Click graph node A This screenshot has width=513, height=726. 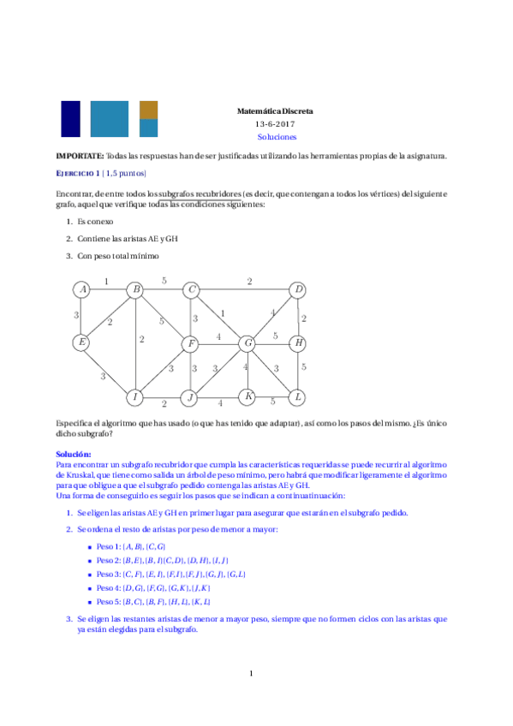point(81,290)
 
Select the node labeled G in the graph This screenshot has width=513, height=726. point(248,343)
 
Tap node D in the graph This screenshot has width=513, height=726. point(298,290)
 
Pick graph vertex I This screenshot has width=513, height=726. point(134,397)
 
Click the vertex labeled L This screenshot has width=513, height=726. point(298,397)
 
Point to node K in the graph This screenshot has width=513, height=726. point(248,397)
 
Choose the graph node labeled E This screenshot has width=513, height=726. point(81,343)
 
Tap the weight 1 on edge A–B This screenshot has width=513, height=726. point(106,281)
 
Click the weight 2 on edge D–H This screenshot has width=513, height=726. point(304,318)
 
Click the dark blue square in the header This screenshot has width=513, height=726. point(70,119)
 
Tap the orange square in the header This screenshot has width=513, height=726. point(148,110)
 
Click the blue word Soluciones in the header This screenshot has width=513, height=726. point(276,136)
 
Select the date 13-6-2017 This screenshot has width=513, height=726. point(276,124)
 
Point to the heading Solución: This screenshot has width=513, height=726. point(74,454)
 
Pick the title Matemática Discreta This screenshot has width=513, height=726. point(276,111)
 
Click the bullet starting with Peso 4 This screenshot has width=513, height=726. point(153,588)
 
